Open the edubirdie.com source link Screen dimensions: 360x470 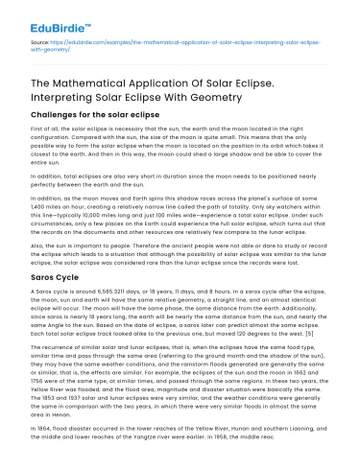click(x=173, y=44)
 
